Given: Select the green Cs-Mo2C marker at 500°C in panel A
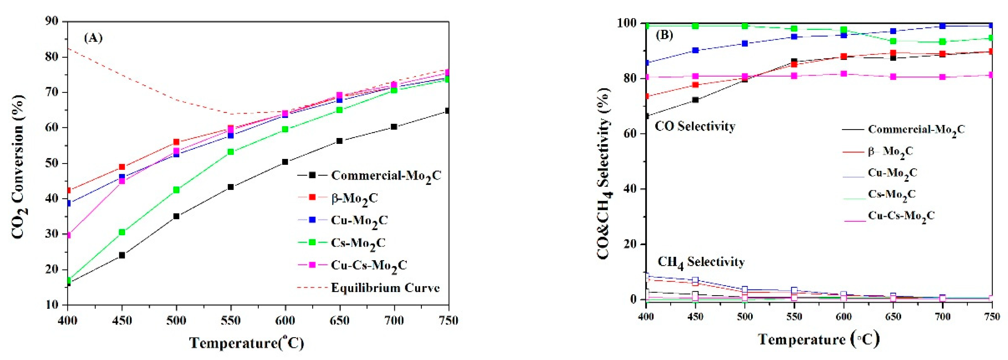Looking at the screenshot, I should [176, 190].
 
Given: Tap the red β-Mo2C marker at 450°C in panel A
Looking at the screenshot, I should [122, 167].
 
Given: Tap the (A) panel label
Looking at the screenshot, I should [93, 38].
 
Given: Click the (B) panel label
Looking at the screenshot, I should [664, 35].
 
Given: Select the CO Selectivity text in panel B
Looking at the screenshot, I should [695, 126].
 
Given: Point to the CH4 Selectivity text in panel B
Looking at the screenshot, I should [700, 262].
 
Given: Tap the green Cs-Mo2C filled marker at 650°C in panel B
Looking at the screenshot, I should [893, 41].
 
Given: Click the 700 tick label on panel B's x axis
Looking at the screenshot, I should [942, 316].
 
